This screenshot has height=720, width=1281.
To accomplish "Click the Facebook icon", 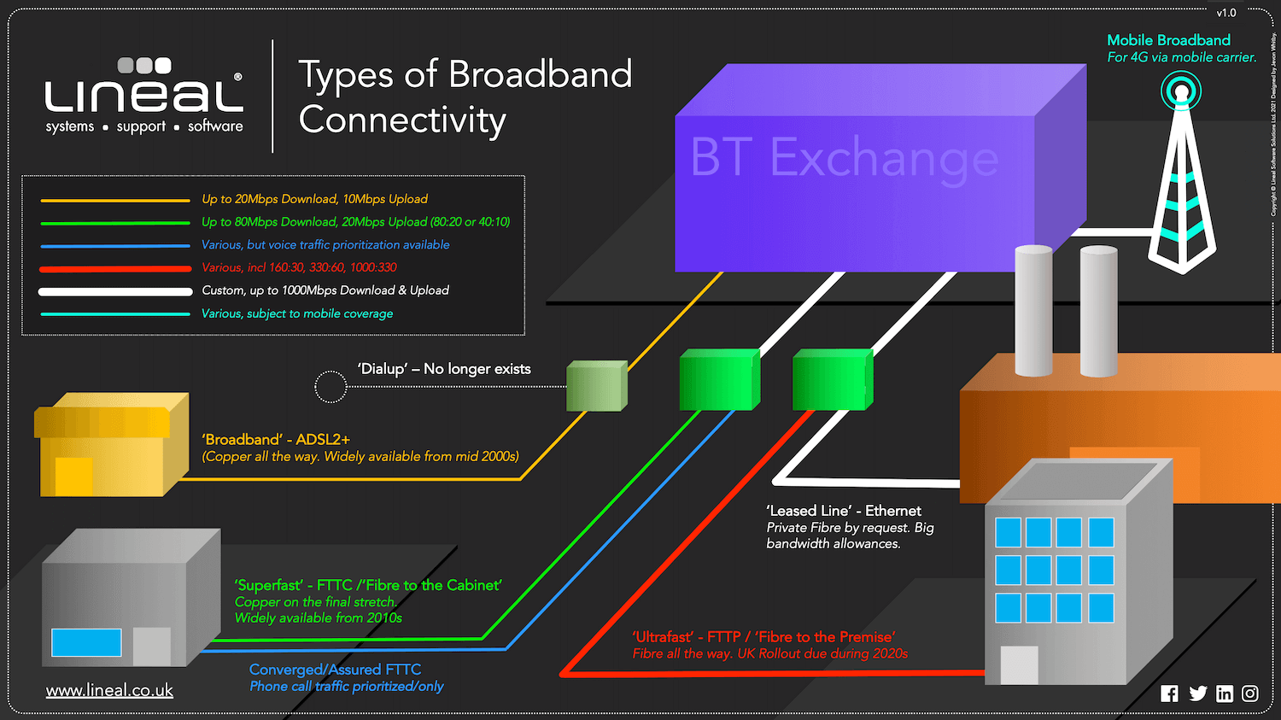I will [x=1169, y=694].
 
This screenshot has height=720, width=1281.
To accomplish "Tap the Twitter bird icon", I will [x=1197, y=694].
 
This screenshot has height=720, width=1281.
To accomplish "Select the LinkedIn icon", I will [x=1225, y=694].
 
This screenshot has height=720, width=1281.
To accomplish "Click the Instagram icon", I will [x=1250, y=694].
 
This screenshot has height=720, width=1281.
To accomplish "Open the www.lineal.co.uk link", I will [x=109, y=690].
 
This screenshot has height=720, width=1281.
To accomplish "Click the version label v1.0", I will [x=1226, y=13].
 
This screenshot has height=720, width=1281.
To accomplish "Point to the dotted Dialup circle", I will [x=330, y=387].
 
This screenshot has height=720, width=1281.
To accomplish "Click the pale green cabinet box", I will [x=596, y=387].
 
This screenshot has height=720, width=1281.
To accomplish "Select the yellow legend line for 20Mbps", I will [x=115, y=200].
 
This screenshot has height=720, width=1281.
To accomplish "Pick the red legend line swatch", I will [x=115, y=268].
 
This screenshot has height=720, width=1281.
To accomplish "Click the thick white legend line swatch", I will [x=115, y=291].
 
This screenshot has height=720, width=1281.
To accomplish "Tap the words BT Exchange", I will [x=844, y=158].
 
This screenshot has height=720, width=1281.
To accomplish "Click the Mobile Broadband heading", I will [x=1168, y=40].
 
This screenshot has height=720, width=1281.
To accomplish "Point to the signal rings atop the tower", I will [x=1181, y=91].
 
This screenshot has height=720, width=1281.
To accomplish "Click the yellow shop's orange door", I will [x=73, y=476].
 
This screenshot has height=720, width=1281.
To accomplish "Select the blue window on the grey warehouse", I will [x=86, y=642].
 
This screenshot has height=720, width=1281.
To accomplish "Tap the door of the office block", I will [x=1019, y=664].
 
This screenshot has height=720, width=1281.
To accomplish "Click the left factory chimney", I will [x=1033, y=311].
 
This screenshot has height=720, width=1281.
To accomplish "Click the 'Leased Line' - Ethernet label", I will [x=844, y=511].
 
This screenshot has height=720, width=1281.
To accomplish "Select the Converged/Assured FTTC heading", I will [x=335, y=670].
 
